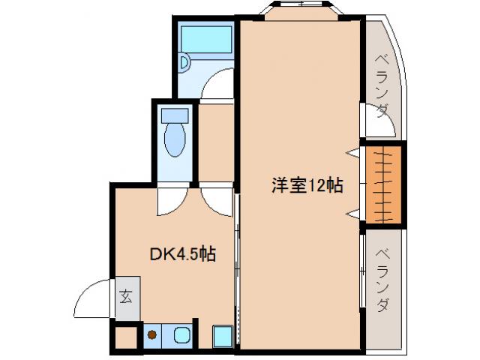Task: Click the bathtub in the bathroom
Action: click(x=207, y=37)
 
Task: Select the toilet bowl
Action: click(x=174, y=140)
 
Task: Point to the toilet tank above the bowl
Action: click(x=174, y=116)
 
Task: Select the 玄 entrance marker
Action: click(x=125, y=295)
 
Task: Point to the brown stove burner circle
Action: click(x=152, y=335)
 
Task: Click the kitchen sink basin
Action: click(x=181, y=335)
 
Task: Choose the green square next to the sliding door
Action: click(x=222, y=335)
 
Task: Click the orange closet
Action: click(x=383, y=184)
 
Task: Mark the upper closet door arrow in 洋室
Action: click(x=351, y=153)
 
